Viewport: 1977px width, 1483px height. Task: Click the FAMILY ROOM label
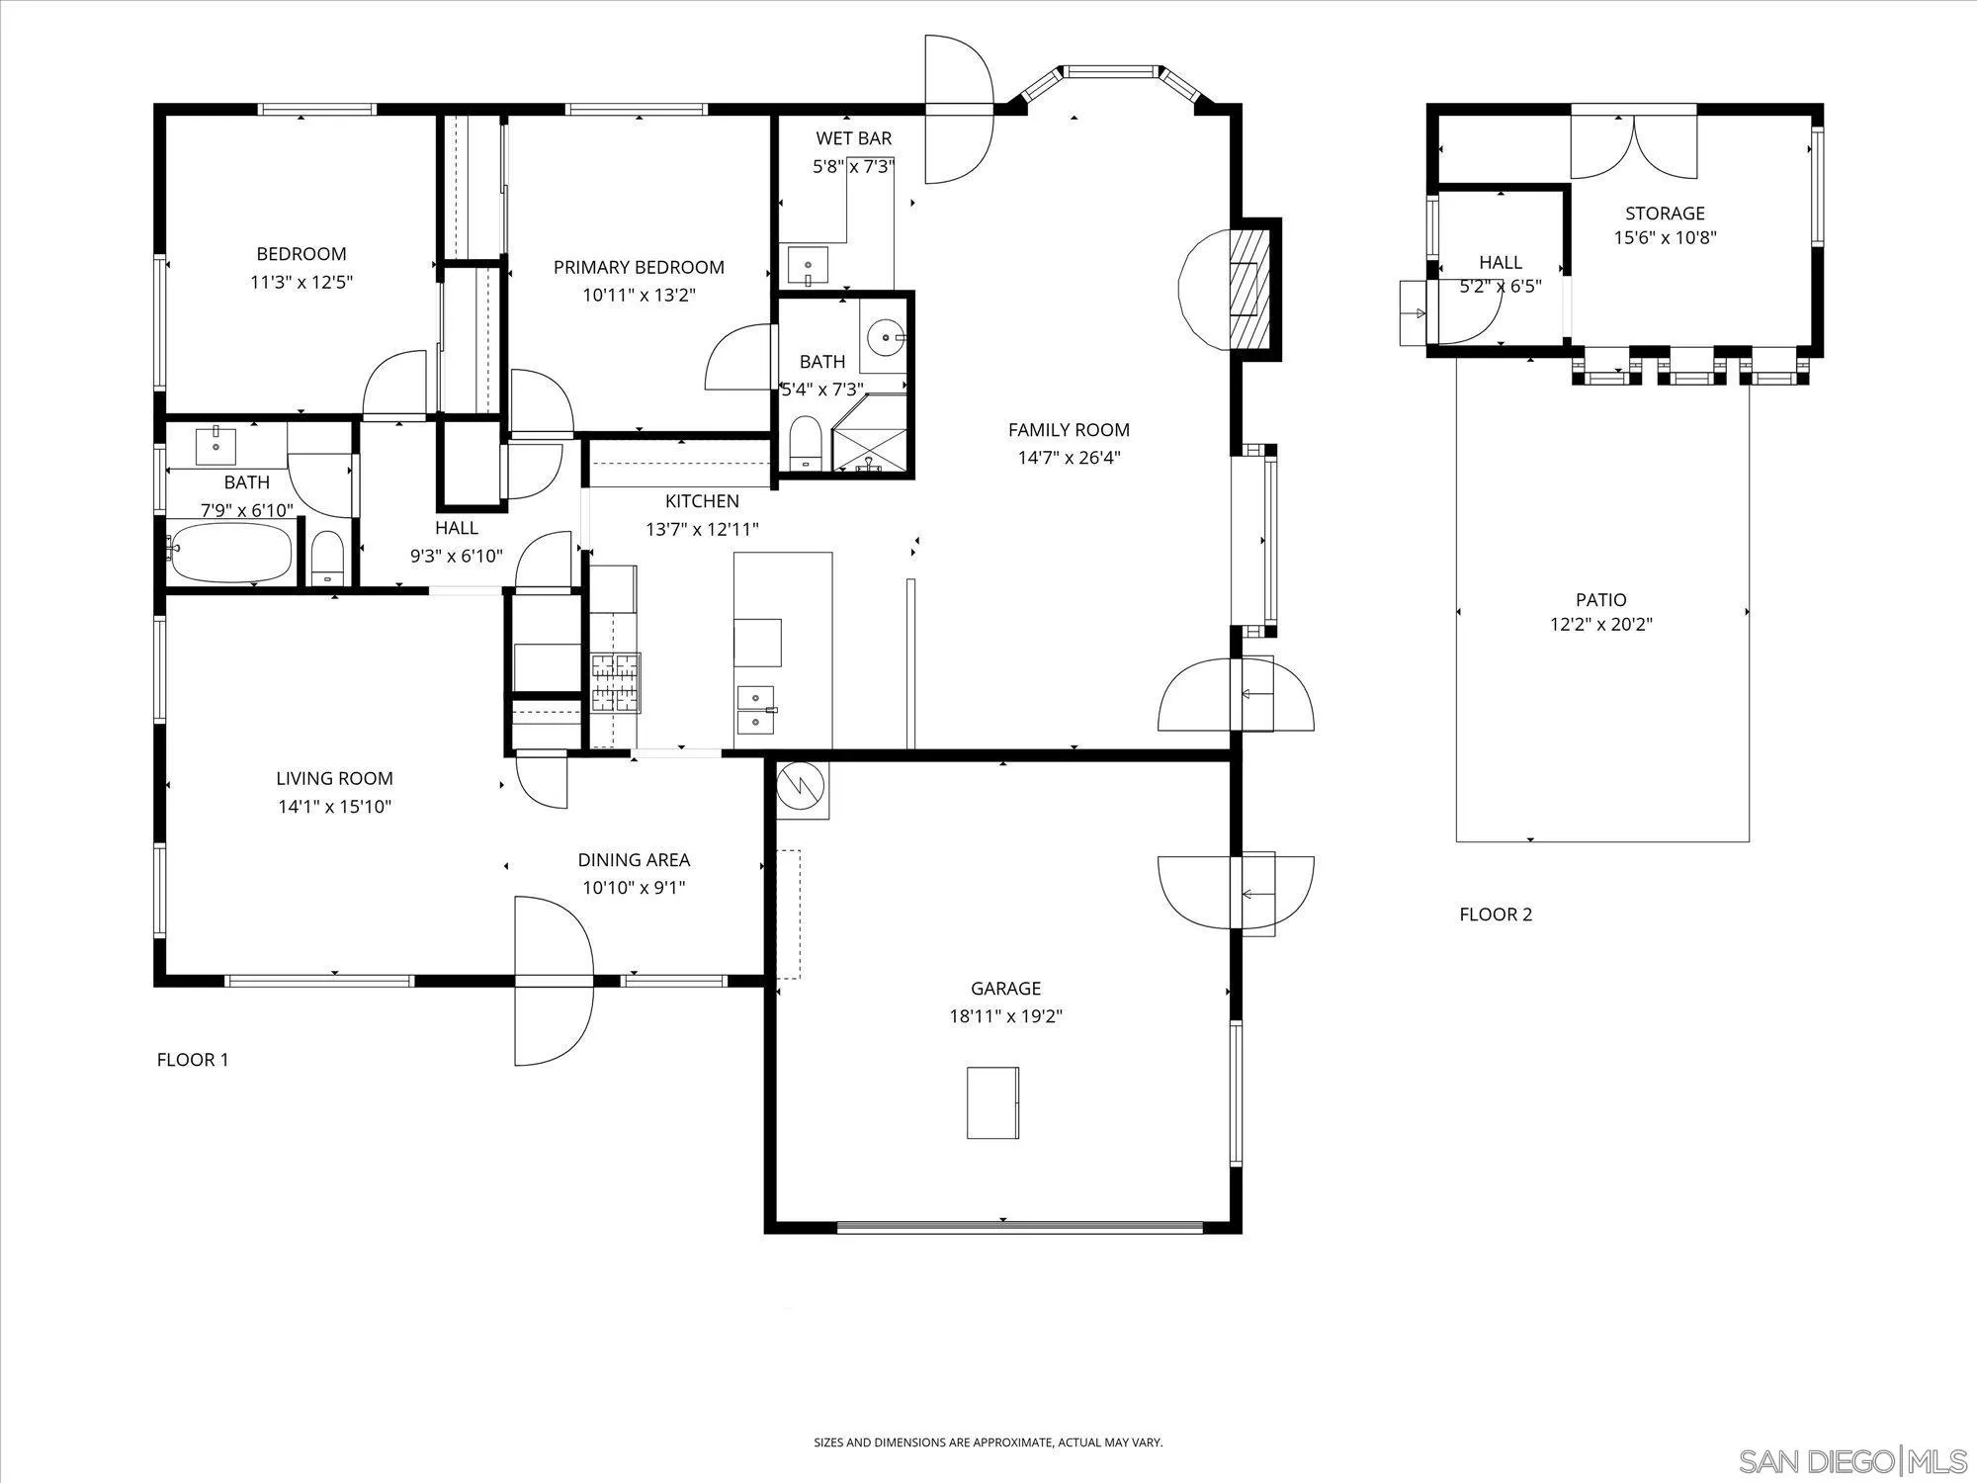click(x=1069, y=430)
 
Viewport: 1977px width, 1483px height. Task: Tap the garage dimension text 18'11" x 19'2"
click(x=1005, y=1015)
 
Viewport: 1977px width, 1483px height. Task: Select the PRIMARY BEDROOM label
click(x=639, y=267)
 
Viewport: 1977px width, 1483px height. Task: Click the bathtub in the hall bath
click(x=231, y=553)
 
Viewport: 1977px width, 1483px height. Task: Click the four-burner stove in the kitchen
click(x=616, y=682)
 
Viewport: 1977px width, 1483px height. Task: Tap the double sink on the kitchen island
click(x=756, y=710)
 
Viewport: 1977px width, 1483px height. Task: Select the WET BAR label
click(x=854, y=138)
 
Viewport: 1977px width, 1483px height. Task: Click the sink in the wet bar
click(x=810, y=266)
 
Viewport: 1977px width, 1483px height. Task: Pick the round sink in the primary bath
click(x=883, y=338)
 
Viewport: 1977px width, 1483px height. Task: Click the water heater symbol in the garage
click(x=803, y=790)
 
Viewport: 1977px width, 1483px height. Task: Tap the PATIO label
click(x=1601, y=599)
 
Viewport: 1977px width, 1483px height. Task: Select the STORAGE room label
click(x=1666, y=213)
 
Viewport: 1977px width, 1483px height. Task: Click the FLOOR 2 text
click(x=1496, y=915)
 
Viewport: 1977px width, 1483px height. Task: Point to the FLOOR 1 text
click(x=193, y=1060)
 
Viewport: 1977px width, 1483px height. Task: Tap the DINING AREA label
click(x=634, y=860)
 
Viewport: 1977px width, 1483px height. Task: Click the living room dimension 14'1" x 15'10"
click(x=334, y=806)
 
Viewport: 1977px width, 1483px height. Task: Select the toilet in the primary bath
click(x=807, y=442)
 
